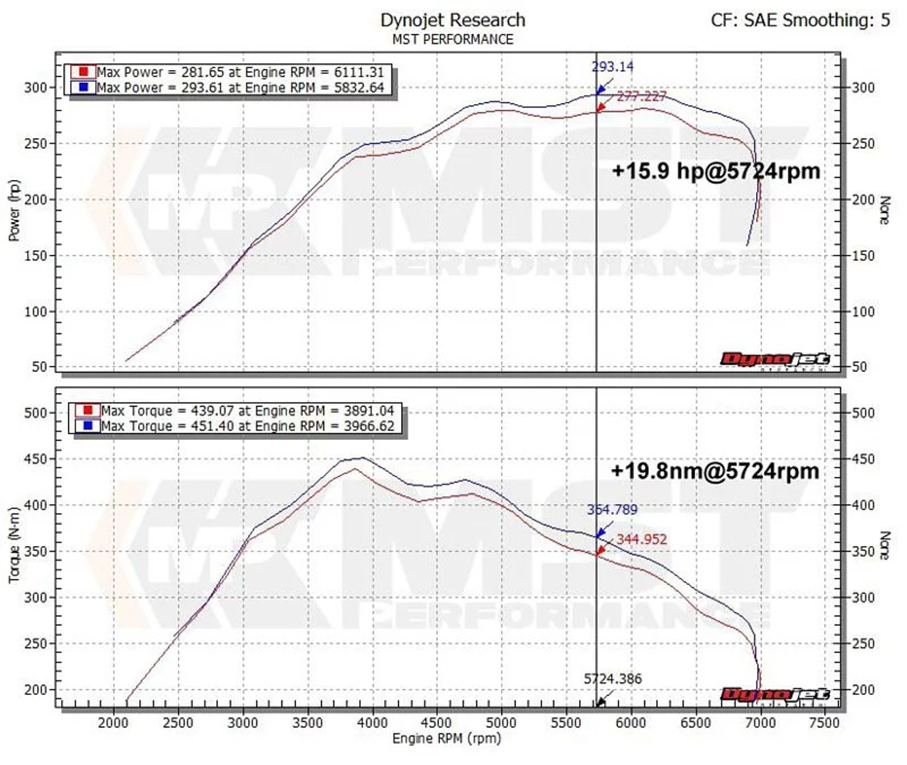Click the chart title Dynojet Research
[x=453, y=20]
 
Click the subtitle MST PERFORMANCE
[x=453, y=40]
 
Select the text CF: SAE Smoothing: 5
[x=800, y=20]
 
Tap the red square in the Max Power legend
[x=84, y=72]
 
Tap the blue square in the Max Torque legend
[x=88, y=426]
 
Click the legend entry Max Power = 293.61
[x=240, y=88]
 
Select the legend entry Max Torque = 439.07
[x=247, y=411]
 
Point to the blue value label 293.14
[x=612, y=67]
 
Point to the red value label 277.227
[x=641, y=96]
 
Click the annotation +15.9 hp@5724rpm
[x=716, y=171]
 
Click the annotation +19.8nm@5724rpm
[x=715, y=471]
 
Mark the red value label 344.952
[x=641, y=539]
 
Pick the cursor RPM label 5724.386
[x=612, y=679]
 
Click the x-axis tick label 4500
[x=436, y=722]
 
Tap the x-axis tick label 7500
[x=824, y=722]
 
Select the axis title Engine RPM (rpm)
[x=446, y=739]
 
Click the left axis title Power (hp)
[x=14, y=210]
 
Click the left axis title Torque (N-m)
[x=14, y=545]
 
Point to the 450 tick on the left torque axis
[x=35, y=459]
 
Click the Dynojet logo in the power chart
[x=774, y=360]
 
